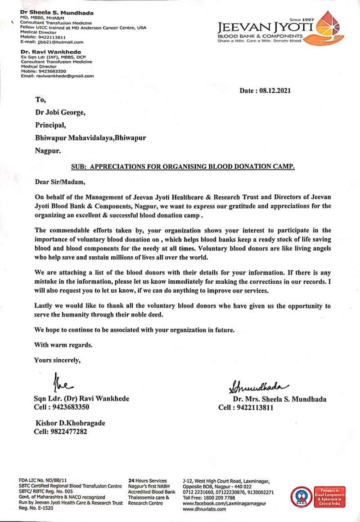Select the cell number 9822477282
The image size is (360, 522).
70,432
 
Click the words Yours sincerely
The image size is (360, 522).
58,360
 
